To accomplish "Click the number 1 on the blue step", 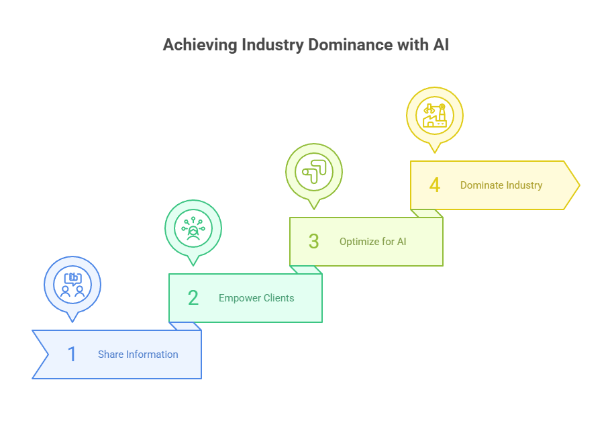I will (x=72, y=354).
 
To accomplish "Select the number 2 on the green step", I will (x=193, y=297).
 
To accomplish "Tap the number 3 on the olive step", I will (x=313, y=241).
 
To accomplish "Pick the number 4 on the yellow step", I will (x=434, y=185).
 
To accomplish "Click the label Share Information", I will (x=138, y=354).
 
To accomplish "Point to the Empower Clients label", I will (x=256, y=298).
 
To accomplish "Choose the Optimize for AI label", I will (x=372, y=242).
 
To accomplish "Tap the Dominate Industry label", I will (x=501, y=185).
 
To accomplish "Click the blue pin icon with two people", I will (x=72, y=284).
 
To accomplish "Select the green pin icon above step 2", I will (x=193, y=228).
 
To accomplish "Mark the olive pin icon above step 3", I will (x=314, y=172).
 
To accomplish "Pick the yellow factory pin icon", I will (x=435, y=115).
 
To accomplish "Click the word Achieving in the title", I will (x=191, y=46).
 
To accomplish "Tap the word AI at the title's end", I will (x=441, y=46).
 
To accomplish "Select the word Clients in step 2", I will (x=278, y=298).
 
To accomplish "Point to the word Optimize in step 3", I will (x=360, y=242).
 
